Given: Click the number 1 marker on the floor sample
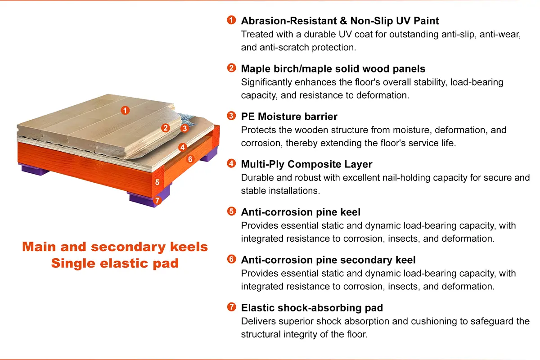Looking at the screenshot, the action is (x=125, y=110).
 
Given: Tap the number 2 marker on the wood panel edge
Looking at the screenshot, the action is (x=166, y=128).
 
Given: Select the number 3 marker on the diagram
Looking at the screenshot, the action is (x=185, y=128).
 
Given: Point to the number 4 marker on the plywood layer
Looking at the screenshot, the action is (x=183, y=147).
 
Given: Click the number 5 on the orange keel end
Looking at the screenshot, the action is (x=157, y=182).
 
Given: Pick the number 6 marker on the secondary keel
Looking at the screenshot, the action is (x=190, y=159).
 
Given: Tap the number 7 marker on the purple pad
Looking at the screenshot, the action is (x=157, y=200).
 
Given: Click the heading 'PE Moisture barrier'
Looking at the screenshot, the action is (x=289, y=117).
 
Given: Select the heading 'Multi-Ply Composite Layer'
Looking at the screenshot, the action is (x=306, y=164).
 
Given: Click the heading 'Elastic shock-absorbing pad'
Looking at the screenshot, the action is (x=312, y=308).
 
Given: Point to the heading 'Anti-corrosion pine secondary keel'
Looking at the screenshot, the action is (x=328, y=260).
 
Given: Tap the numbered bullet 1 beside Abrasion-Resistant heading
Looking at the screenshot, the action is (x=231, y=20).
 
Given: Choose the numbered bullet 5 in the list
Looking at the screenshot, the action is (x=231, y=211).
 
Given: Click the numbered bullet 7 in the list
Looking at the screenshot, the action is (x=231, y=307).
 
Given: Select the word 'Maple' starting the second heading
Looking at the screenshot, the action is (x=256, y=69).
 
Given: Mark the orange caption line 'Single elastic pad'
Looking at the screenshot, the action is (x=115, y=263).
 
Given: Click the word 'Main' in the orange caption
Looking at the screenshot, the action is (x=39, y=247).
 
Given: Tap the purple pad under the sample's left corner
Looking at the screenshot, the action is (x=35, y=170).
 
